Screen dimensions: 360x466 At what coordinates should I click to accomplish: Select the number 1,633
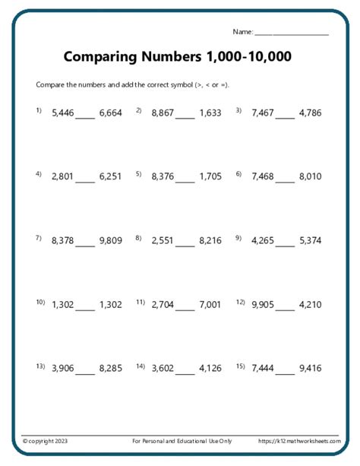pos(210,113)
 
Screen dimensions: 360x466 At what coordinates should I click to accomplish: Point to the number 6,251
pos(110,176)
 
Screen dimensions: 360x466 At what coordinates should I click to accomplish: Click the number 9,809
pos(110,241)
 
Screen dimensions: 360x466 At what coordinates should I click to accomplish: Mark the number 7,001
pos(210,305)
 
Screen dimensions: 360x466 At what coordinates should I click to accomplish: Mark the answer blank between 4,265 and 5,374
pos(285,244)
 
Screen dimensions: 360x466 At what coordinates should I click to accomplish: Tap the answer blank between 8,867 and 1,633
pos(185,116)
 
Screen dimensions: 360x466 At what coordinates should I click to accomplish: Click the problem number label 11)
pos(141,302)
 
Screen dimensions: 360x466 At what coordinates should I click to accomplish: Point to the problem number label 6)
pos(238,173)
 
